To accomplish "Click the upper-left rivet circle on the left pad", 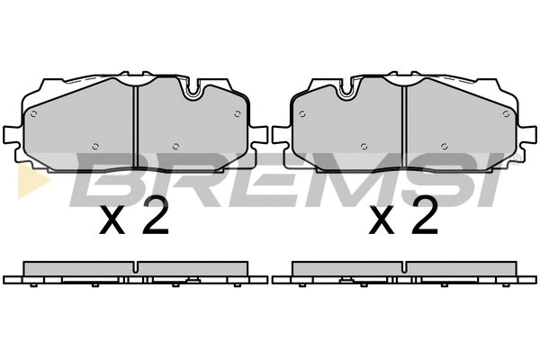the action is (x=33, y=114).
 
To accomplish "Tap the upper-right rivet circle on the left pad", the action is (x=238, y=114).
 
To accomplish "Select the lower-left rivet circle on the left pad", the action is (x=95, y=147).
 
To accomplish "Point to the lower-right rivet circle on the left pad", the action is (x=175, y=147).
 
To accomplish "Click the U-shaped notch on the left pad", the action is (x=193, y=90).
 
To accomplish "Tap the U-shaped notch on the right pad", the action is (x=347, y=90).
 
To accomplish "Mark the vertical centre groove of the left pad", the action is (x=135, y=126).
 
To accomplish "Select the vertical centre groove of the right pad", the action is (x=404, y=126).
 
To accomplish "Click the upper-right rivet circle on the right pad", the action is (x=506, y=114).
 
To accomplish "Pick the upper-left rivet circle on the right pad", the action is (x=302, y=114).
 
